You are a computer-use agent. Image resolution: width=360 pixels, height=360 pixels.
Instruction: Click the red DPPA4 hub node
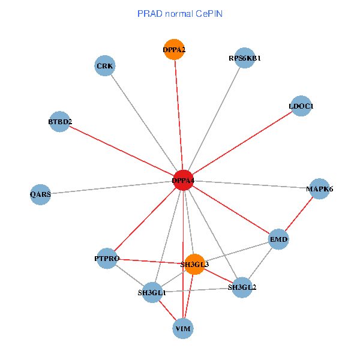[x=182, y=181]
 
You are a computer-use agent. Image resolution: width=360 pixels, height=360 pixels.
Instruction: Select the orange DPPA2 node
[x=174, y=50]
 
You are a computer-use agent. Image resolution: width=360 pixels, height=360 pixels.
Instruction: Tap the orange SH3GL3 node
[x=194, y=264]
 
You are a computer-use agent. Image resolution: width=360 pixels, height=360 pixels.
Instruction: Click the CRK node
[x=104, y=65]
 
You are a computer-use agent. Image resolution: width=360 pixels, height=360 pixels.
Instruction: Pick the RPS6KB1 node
[x=244, y=58]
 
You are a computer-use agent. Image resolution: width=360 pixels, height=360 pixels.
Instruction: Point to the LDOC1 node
[x=301, y=106]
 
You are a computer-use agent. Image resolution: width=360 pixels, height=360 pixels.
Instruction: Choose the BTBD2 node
[x=60, y=122]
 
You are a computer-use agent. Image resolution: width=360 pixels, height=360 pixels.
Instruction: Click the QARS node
[x=40, y=194]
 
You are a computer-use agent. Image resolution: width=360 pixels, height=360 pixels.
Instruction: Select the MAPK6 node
[x=319, y=189]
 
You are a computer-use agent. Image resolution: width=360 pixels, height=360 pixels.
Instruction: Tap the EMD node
[x=279, y=239]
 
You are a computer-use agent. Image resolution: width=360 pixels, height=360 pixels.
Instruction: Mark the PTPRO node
[x=107, y=259]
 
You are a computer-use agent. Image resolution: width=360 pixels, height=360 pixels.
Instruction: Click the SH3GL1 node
[x=152, y=293]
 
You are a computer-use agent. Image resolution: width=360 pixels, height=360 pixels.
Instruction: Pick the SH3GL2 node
[x=242, y=287]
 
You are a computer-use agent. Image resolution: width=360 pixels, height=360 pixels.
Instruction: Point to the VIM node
[x=183, y=328]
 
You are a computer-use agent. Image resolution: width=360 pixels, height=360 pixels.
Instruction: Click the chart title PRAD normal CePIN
[x=180, y=13]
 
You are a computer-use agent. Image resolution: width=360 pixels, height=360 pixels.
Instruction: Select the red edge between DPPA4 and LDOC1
[x=242, y=143]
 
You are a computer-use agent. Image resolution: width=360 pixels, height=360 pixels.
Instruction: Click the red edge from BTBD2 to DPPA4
[x=121, y=151]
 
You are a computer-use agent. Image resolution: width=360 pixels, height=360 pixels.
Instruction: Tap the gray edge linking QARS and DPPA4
[x=111, y=187]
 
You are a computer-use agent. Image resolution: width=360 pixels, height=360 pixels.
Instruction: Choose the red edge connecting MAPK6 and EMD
[x=299, y=214]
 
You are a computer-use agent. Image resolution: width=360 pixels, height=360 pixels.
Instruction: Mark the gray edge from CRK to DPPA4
[x=143, y=123]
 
